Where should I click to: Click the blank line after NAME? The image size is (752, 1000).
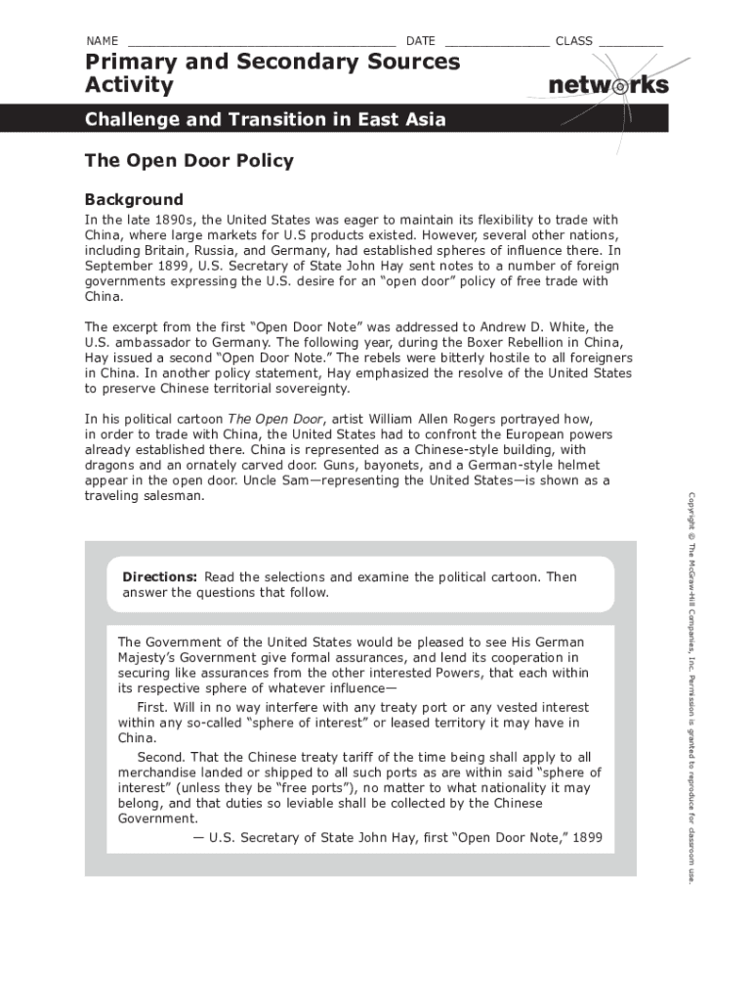click(261, 42)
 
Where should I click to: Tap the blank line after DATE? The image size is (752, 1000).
click(496, 42)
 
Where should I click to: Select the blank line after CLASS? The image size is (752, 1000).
click(630, 42)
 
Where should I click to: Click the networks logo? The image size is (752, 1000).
click(607, 85)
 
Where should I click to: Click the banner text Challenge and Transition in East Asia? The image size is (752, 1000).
click(265, 120)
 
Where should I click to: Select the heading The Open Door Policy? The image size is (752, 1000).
click(188, 161)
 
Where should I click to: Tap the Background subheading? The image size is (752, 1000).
click(134, 200)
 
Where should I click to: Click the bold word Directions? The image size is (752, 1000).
click(160, 577)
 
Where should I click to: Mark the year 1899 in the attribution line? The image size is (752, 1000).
click(587, 837)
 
